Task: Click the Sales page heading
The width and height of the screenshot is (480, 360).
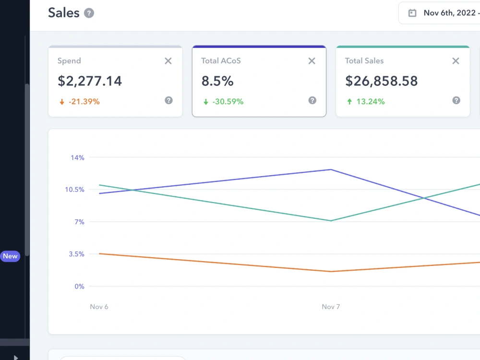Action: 64,13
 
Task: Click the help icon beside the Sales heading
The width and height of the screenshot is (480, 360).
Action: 89,13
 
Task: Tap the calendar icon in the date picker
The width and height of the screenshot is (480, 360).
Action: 412,13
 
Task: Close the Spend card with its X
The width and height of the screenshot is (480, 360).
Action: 168,61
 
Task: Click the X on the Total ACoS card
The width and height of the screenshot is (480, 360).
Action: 312,61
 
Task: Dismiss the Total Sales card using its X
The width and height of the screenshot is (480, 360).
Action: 456,61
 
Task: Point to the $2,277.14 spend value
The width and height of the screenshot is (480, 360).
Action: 90,81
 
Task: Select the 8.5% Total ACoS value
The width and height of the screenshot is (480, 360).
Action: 217,81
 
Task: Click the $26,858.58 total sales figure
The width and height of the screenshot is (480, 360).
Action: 382,81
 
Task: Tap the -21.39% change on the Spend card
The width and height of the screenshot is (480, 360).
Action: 84,102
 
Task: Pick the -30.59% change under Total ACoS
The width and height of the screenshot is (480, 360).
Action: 228,102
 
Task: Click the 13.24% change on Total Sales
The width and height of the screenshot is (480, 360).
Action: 371,102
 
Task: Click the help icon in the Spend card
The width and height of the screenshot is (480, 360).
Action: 168,100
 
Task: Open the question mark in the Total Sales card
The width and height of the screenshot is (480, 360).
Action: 456,100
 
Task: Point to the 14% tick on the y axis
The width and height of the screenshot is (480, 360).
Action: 77,157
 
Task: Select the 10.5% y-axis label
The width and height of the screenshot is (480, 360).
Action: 74,190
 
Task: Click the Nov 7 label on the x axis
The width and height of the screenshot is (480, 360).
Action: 331,307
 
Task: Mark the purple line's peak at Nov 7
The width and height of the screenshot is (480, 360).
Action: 331,169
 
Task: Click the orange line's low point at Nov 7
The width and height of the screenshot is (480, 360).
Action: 331,272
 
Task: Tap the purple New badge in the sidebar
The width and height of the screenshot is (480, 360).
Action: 10,256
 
